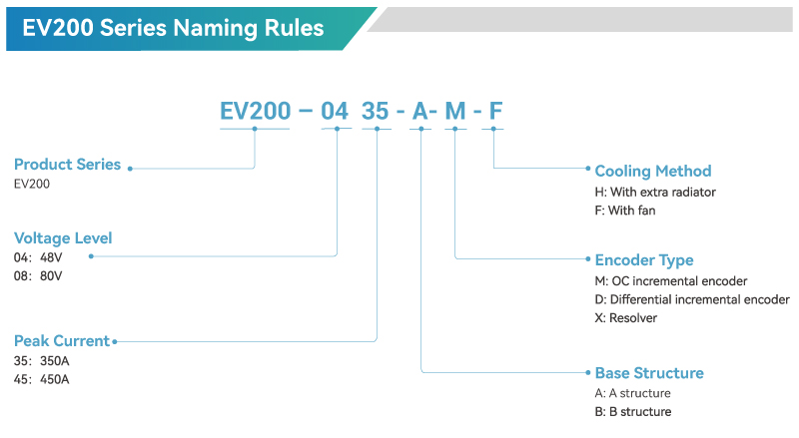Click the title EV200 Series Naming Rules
tap(173, 28)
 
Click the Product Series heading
tap(67, 165)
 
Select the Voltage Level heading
tap(63, 238)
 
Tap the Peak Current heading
tap(62, 341)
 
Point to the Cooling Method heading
tap(653, 171)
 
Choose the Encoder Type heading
tap(644, 260)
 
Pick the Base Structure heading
tap(649, 373)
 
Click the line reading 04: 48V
tap(38, 257)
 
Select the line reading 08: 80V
tap(38, 276)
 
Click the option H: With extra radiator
tap(655, 192)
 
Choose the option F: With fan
tap(625, 211)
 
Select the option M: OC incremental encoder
tap(671, 281)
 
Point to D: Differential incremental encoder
tap(692, 299)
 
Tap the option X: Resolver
tap(626, 318)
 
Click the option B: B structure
tap(633, 411)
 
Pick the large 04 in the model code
tap(335, 112)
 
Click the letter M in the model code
tap(455, 112)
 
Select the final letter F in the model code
tap(495, 112)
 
